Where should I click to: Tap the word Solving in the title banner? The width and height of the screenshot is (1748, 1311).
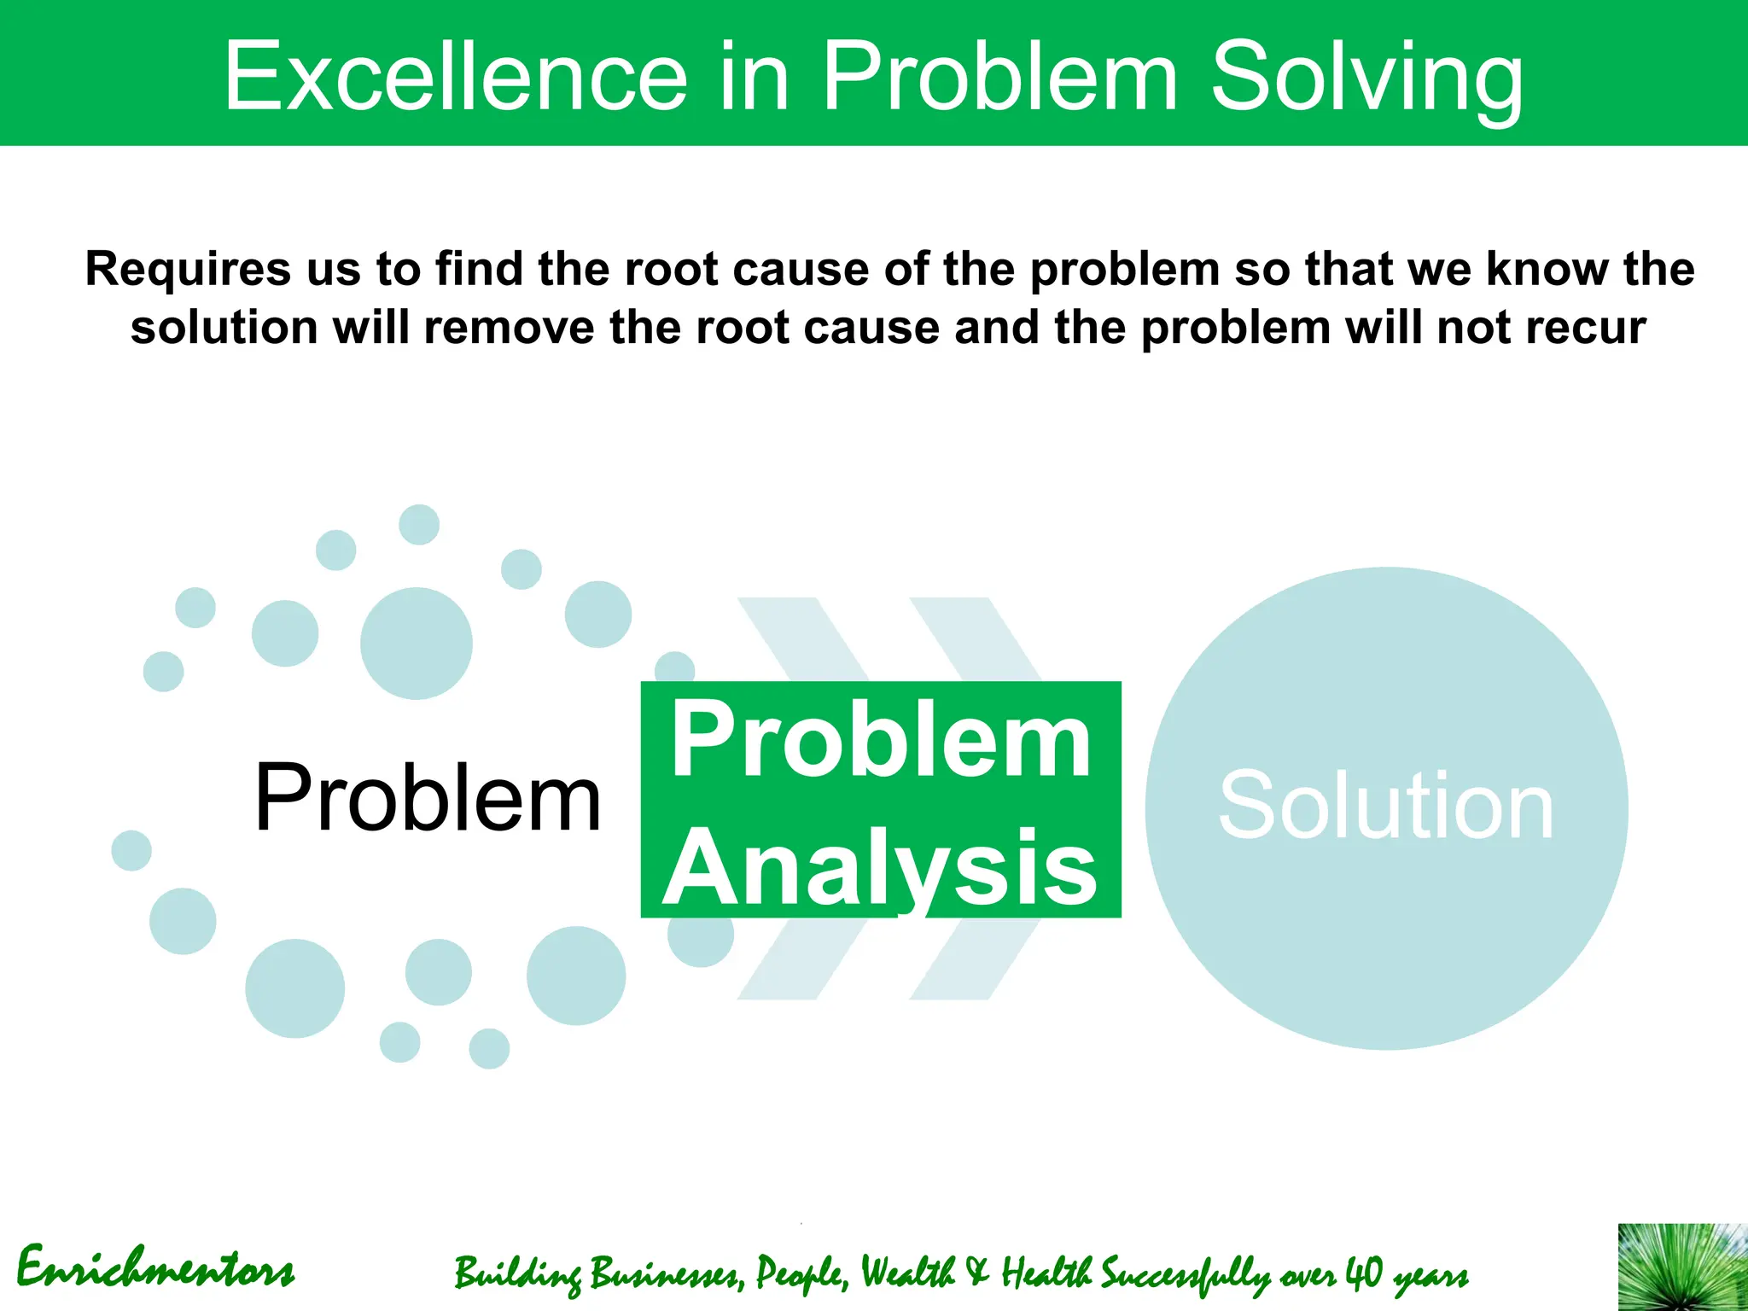point(1366,79)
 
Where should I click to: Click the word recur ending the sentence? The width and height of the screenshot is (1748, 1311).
point(1588,328)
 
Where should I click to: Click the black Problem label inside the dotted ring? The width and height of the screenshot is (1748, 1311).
point(427,797)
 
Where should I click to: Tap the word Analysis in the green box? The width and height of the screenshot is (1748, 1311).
point(879,868)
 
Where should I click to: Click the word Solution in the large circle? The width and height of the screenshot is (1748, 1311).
point(1385,806)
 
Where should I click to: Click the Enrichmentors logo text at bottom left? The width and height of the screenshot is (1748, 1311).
point(156,1268)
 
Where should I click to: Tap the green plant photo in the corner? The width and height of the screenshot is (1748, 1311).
point(1681,1268)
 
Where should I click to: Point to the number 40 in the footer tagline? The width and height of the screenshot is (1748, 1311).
point(1363,1273)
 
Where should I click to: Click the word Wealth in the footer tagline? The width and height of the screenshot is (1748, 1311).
point(907,1273)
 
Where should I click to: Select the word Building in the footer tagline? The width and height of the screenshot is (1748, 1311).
point(517,1274)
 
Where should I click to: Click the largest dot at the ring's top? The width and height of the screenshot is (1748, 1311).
point(416,643)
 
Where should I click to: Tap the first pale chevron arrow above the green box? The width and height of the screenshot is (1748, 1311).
point(802,636)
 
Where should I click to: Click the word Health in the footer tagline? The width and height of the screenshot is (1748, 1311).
point(1046,1273)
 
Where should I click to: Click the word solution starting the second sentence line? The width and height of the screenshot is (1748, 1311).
point(224,328)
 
